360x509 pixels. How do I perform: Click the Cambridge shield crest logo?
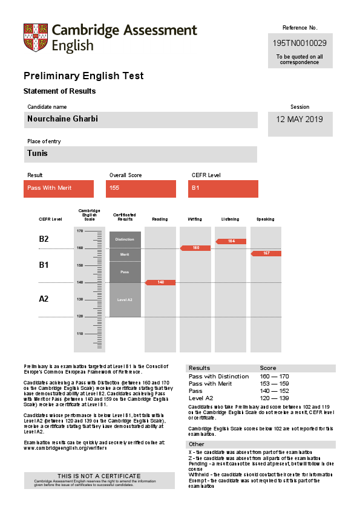click(35, 37)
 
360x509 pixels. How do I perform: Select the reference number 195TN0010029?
click(299, 43)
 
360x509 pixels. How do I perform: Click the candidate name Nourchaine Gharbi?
click(62, 119)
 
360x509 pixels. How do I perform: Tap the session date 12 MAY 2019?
click(299, 119)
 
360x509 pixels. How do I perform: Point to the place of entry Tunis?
click(38, 154)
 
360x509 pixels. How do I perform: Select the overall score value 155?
click(114, 188)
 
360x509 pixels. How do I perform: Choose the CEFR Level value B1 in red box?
click(195, 188)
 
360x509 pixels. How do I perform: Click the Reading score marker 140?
click(160, 282)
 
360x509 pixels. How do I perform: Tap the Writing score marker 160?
click(195, 248)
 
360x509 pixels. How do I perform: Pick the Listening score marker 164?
click(231, 241)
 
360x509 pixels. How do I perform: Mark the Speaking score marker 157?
click(266, 253)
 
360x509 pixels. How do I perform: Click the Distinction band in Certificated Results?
click(125, 239)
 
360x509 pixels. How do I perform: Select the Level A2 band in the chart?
click(125, 300)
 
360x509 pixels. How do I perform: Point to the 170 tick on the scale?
click(80, 231)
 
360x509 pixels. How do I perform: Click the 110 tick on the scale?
click(80, 334)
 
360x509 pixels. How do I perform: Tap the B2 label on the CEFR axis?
click(44, 239)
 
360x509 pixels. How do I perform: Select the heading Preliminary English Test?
click(83, 76)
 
